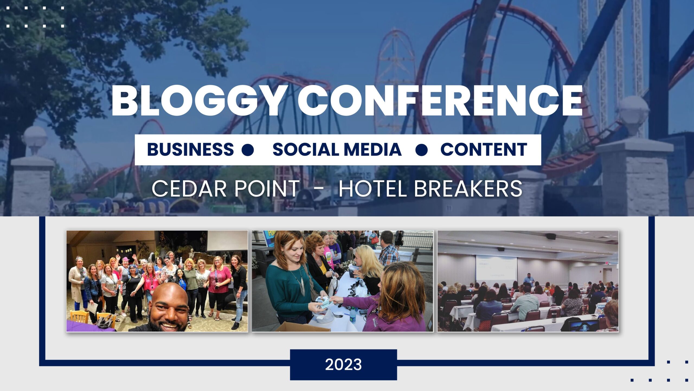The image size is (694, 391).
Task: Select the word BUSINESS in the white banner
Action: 190,149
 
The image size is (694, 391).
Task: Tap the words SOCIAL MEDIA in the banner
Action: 337,149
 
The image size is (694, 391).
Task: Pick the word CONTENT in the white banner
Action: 484,149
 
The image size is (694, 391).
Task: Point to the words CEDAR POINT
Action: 226,188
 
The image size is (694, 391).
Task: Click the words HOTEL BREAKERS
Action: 430,188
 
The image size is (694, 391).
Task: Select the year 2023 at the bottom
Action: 343,364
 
